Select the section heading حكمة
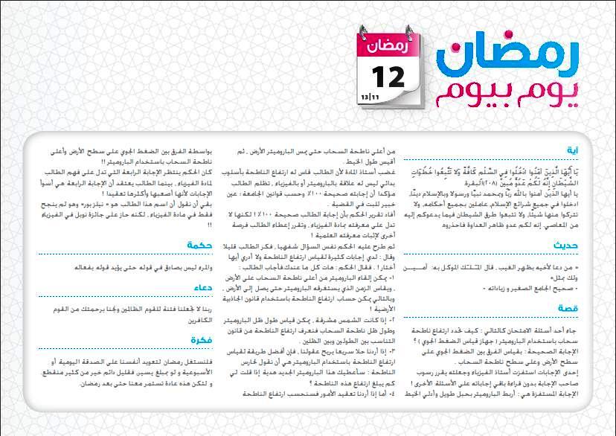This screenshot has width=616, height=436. tap(201, 246)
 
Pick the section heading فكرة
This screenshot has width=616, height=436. tap(202, 340)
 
